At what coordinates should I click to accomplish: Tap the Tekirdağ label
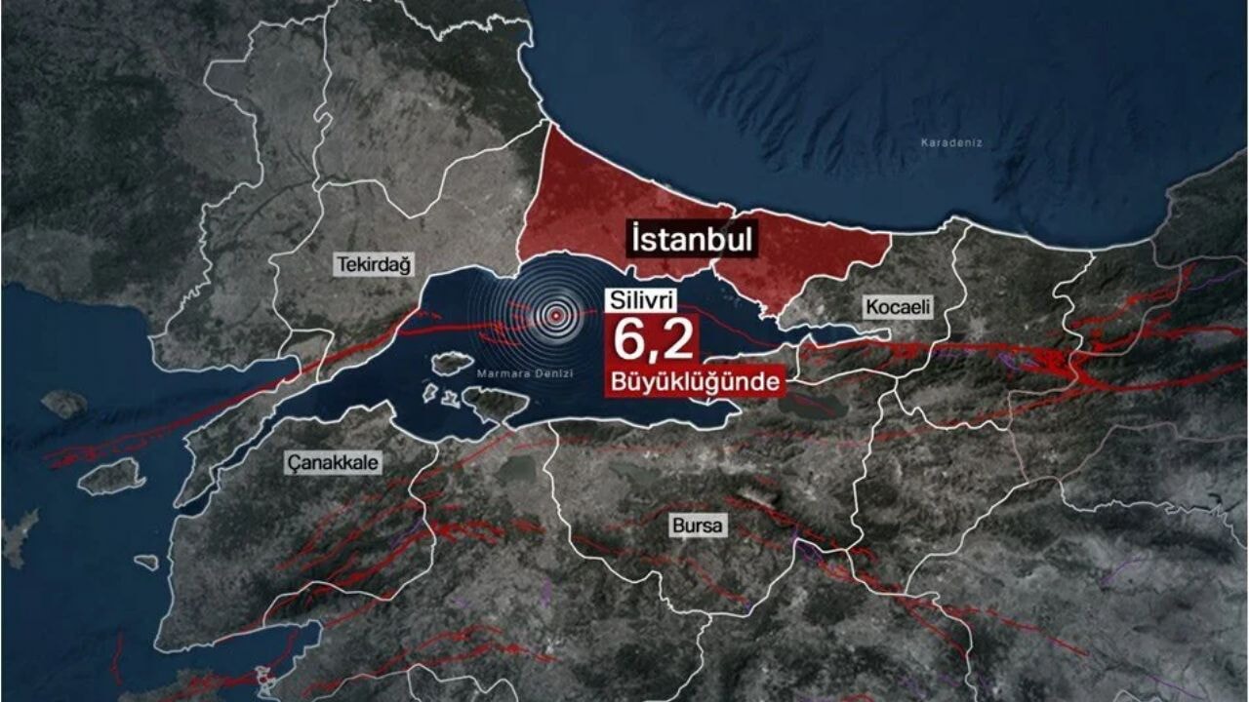(375, 264)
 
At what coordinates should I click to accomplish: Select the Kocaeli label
(898, 307)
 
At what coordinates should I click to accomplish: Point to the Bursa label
(699, 526)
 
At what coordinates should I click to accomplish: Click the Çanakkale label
(333, 462)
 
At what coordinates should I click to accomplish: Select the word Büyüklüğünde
(695, 380)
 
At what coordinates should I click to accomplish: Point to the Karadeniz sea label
(950, 143)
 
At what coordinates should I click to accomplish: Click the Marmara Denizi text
(525, 373)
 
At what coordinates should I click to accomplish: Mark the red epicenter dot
(555, 315)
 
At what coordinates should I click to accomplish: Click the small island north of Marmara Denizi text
(452, 364)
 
